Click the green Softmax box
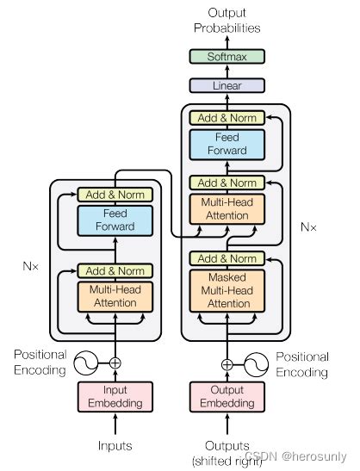click(227, 57)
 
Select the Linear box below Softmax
click(227, 85)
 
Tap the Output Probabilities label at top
click(227, 19)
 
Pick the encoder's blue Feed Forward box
click(115, 220)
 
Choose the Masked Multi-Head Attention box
click(227, 290)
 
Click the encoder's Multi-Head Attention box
click(115, 295)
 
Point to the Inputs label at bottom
click(115, 445)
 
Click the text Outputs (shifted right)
click(227, 450)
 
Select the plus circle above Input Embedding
click(115, 363)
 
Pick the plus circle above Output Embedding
click(227, 363)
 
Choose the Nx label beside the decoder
click(307, 228)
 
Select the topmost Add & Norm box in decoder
click(227, 118)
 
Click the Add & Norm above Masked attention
click(227, 258)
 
